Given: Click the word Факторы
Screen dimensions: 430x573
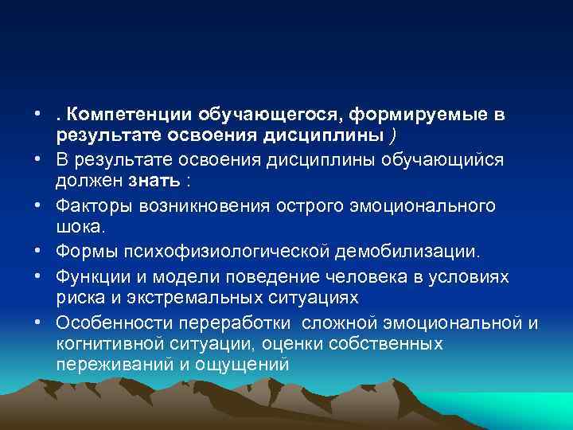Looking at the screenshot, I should [x=95, y=205].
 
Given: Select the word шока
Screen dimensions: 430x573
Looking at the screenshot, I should [x=80, y=227].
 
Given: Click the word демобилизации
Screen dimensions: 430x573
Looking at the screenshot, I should [x=410, y=252].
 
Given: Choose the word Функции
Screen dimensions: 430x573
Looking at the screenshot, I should [x=95, y=276].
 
